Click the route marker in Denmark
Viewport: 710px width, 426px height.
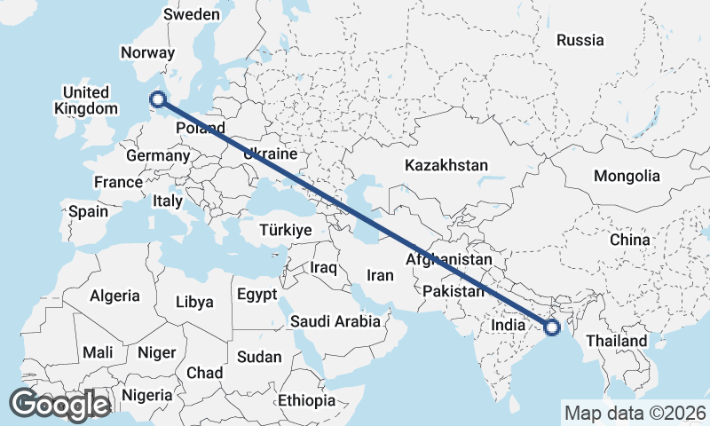point(158,100)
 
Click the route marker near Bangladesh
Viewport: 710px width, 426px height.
point(552,327)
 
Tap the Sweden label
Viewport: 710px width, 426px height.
point(192,14)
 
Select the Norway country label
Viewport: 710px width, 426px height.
point(148,52)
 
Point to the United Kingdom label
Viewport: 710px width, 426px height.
point(86,100)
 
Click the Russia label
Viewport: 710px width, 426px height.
point(580,40)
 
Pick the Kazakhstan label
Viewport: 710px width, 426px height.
point(446,165)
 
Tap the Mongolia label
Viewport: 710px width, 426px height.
point(627,176)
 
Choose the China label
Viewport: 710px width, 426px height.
point(629,240)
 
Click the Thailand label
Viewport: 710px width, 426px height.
point(616,341)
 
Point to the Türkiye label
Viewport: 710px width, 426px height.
point(285,230)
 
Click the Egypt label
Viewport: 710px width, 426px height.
point(257,294)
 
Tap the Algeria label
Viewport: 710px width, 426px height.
point(114,296)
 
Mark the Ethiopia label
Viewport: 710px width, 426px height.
point(306,400)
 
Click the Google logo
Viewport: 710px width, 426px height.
point(59,405)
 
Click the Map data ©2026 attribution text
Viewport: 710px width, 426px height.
point(635,413)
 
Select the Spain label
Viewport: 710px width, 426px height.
point(88,211)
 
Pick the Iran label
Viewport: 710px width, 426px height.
point(379,275)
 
